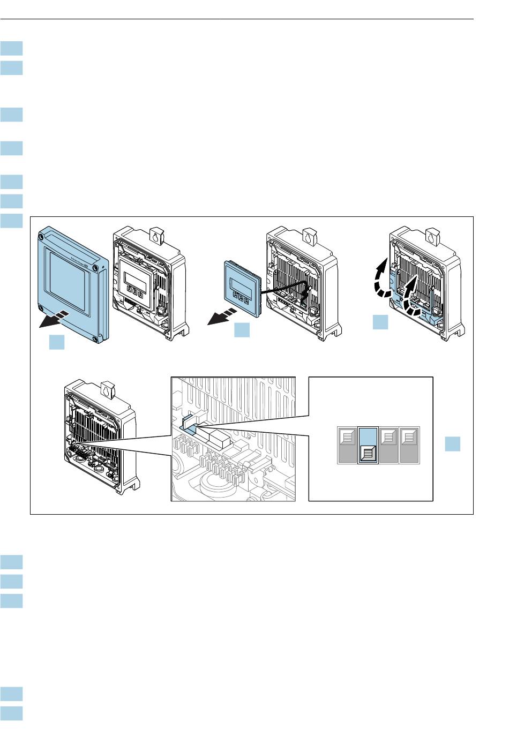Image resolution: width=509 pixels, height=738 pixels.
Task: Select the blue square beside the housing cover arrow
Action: point(57,342)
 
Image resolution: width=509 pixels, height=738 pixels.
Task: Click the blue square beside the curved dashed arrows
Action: point(380,323)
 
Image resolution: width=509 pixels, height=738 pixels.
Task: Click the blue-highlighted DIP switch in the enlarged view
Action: point(368,445)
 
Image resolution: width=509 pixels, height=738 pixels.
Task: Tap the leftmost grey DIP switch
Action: point(347,445)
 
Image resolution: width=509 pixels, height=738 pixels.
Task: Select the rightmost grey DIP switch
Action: point(410,445)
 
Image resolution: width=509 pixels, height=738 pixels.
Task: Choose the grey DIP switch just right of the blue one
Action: point(390,445)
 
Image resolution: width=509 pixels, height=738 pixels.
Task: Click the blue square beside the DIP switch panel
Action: point(453,444)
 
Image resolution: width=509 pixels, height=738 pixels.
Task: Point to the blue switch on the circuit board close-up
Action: point(189,423)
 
